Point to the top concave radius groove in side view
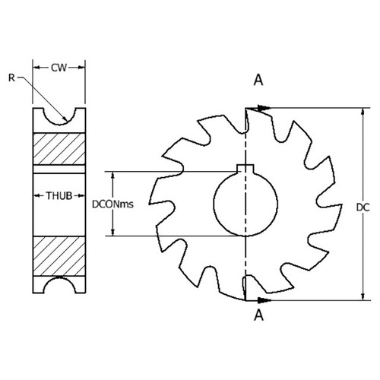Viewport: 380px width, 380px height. click(x=59, y=116)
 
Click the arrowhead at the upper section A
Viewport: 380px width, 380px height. click(x=265, y=108)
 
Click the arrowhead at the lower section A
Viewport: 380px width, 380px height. click(x=265, y=299)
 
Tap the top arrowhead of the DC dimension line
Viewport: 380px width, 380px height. click(x=359, y=112)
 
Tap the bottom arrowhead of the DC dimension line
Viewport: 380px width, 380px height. click(x=359, y=295)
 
